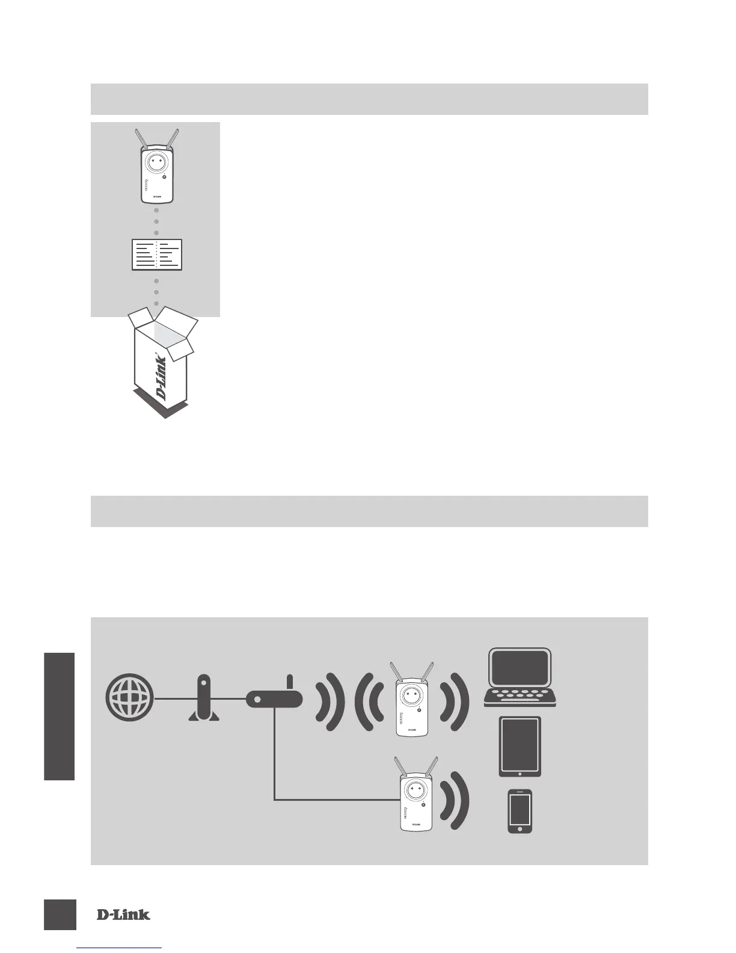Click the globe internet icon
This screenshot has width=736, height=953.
[x=129, y=699]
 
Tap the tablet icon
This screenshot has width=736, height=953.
[x=520, y=746]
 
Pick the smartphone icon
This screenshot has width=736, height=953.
[x=520, y=811]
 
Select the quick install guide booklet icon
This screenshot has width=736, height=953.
[x=156, y=254]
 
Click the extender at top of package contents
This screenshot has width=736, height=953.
[x=156, y=168]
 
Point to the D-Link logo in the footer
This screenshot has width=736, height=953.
[x=123, y=915]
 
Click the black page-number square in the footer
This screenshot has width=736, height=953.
[x=60, y=914]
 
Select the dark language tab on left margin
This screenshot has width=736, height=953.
[x=59, y=716]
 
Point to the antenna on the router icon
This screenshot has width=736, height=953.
[x=289, y=683]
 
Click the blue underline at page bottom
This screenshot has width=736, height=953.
[x=120, y=949]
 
